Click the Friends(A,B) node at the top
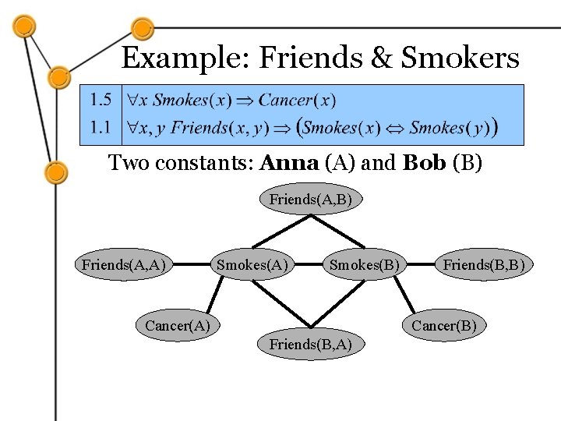pos(310,200)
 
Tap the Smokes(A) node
pos(252,265)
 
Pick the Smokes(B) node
pos(365,265)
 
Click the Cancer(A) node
pos(178,325)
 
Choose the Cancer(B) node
pos(443,325)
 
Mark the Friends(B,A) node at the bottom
pos(310,344)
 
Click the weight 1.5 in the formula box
pos(101,100)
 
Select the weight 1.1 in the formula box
pos(101,126)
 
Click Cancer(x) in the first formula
pos(297,100)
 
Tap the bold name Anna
pos(290,164)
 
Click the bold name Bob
pos(421,164)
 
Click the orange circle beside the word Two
pos(56,171)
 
